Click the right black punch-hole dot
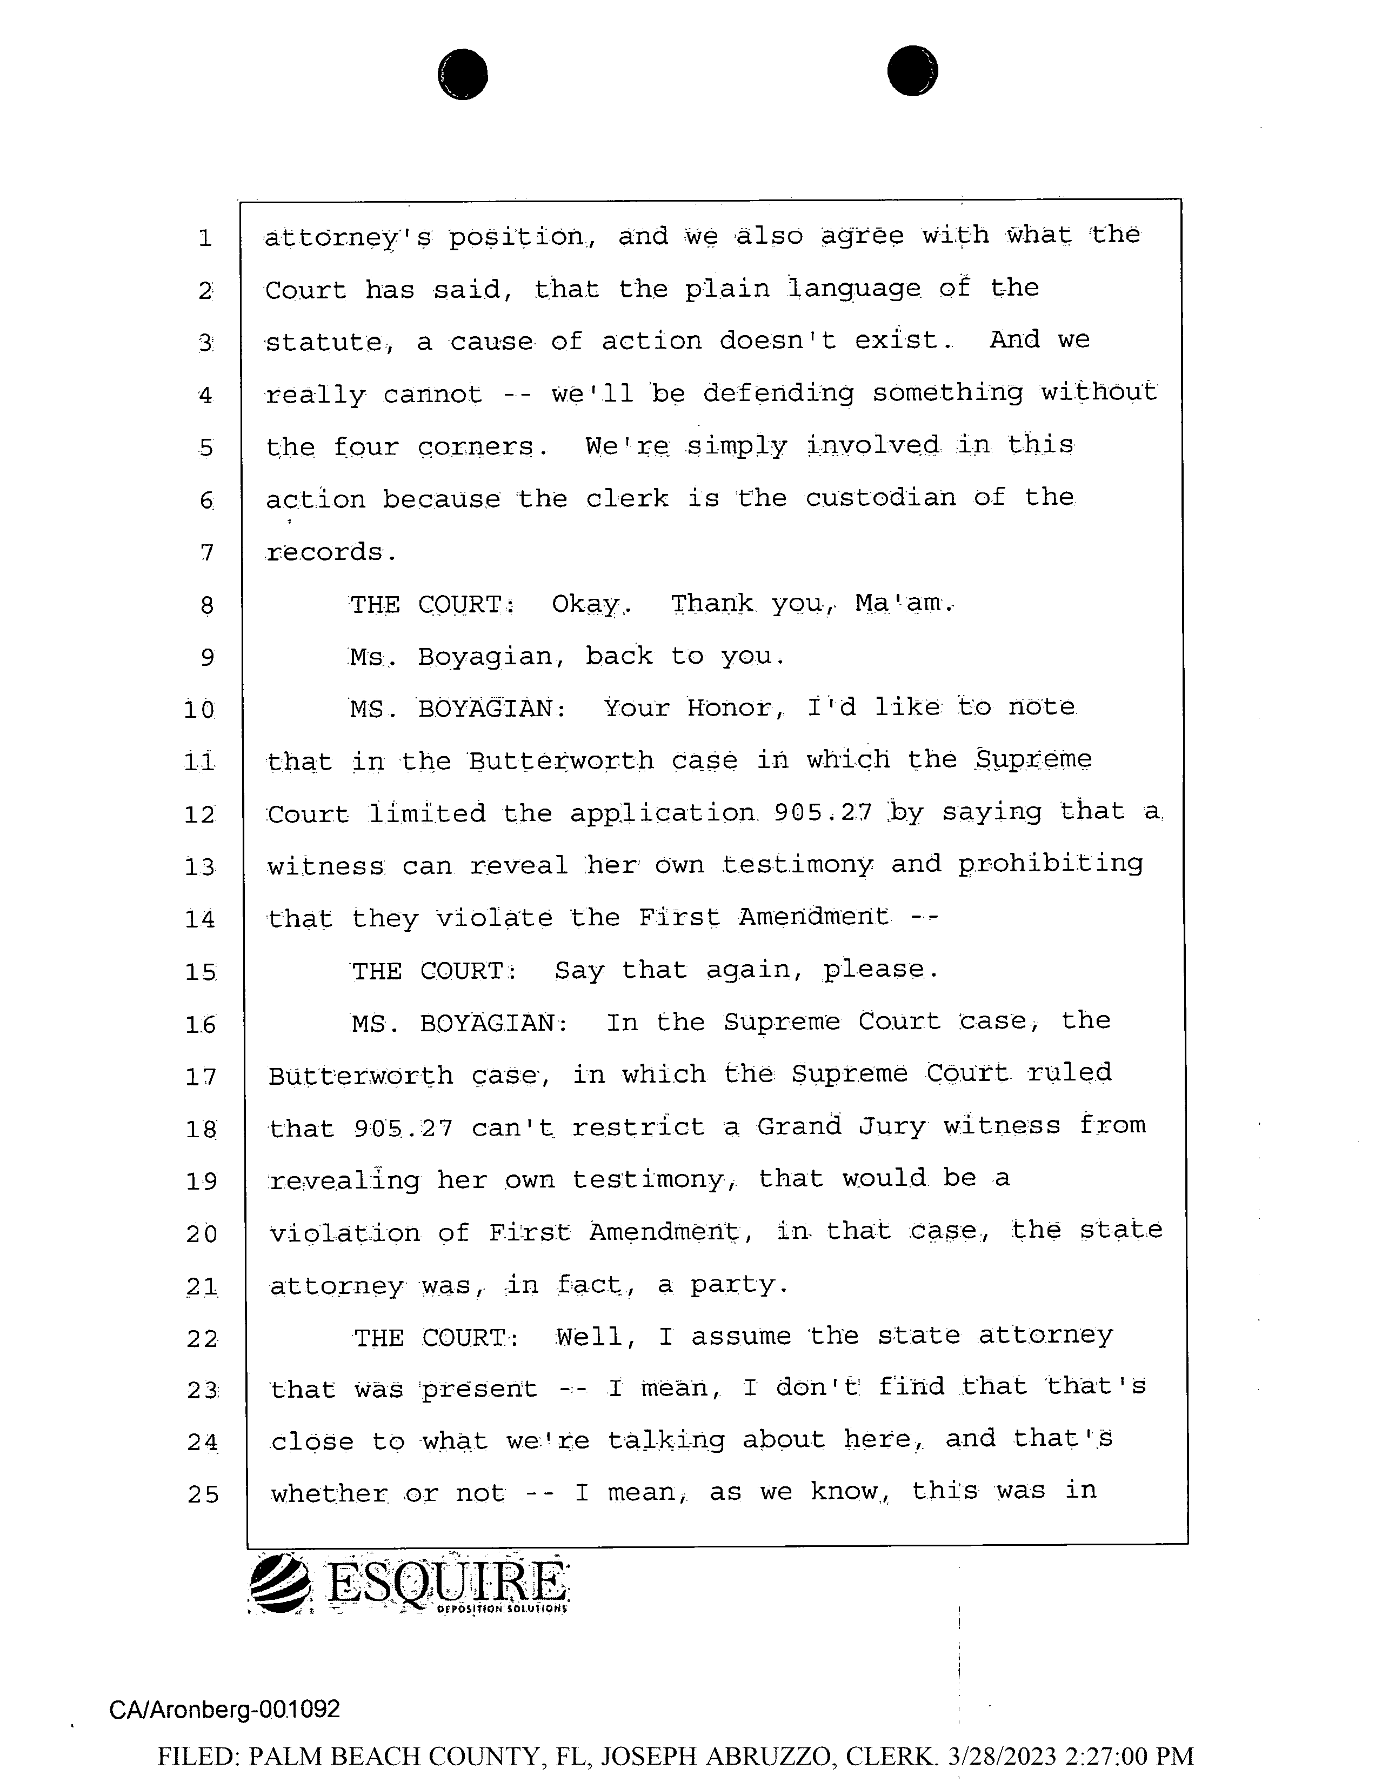coord(912,70)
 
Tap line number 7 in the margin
coord(206,553)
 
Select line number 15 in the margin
coord(201,972)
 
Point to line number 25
coord(202,1494)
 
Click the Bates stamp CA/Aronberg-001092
coord(224,1708)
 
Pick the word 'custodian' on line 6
coord(880,498)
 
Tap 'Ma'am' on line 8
coord(902,604)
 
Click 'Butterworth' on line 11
coord(562,760)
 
